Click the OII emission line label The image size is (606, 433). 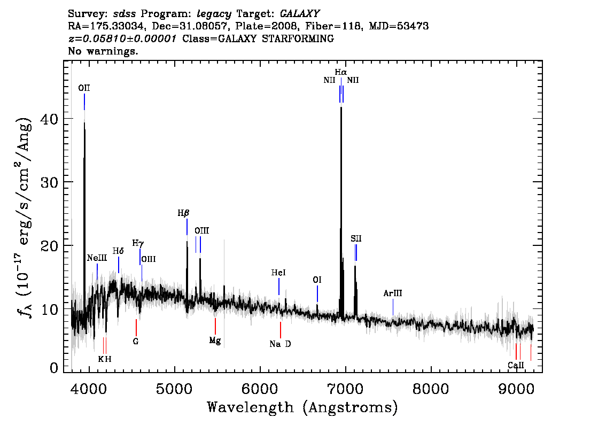click(84, 88)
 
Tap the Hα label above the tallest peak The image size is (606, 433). click(341, 72)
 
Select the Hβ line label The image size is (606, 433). click(184, 213)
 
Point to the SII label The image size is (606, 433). click(356, 238)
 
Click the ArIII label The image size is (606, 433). click(393, 293)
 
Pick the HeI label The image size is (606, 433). click(278, 273)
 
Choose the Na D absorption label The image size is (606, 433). click(280, 344)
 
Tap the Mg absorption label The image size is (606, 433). click(215, 341)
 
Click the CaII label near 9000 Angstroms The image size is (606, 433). click(516, 365)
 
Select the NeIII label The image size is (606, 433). click(97, 258)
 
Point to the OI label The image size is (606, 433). click(317, 280)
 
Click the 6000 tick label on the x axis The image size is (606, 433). click(260, 389)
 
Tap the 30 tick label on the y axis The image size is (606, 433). click(49, 182)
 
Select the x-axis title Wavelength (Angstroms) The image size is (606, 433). click(302, 407)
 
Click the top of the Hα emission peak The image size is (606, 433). click(341, 107)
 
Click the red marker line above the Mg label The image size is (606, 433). click(215, 326)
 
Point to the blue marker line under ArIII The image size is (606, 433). click(393, 307)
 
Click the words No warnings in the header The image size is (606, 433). click(103, 51)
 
